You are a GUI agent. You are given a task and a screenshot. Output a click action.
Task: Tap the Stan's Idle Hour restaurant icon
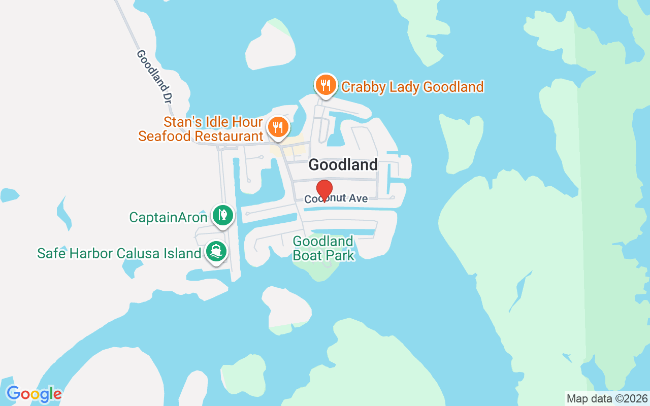(277, 127)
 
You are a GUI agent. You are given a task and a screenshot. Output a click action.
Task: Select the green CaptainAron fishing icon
(222, 215)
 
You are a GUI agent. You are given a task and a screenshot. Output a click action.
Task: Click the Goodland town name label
(343, 164)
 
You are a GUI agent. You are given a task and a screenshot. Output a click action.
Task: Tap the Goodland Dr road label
(153, 76)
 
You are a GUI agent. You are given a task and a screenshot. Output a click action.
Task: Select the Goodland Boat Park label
(323, 248)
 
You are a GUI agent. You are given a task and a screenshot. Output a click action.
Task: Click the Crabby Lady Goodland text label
(412, 87)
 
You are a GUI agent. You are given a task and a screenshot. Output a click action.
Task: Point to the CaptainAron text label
(168, 218)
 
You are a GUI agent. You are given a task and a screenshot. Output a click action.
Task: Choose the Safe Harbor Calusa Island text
(119, 253)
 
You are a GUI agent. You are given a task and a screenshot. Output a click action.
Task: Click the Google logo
(34, 394)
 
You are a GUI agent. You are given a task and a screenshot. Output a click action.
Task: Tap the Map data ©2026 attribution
(607, 398)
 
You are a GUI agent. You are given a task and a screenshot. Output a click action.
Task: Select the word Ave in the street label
(358, 198)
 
